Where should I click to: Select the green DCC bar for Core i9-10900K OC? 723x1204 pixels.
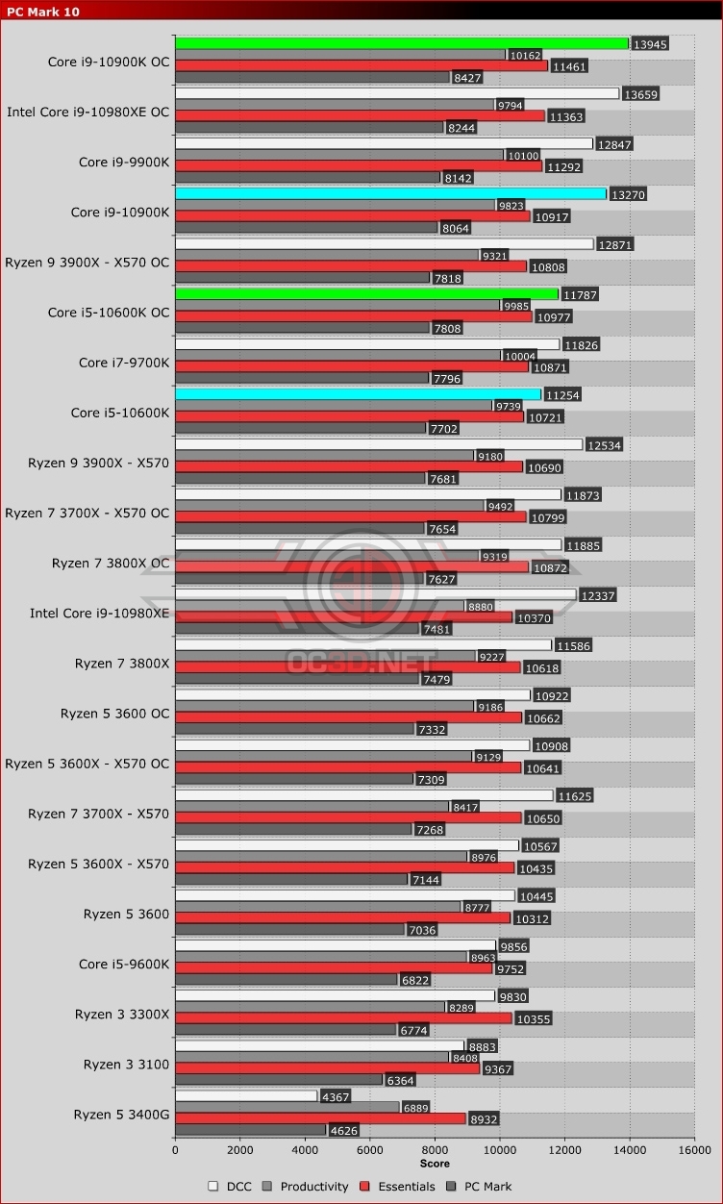[x=401, y=43]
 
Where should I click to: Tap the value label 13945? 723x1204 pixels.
[x=649, y=44]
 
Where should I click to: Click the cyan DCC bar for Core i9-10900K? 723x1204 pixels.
[x=390, y=193]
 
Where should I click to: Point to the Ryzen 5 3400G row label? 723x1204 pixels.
[x=121, y=1115]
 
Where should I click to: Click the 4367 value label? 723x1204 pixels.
[x=336, y=1096]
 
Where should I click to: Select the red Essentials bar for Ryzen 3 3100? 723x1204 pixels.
[x=327, y=1068]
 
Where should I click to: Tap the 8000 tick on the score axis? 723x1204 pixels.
[x=435, y=1149]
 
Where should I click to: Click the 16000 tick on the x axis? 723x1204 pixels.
[x=694, y=1149]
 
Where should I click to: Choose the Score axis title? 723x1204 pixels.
[x=435, y=1164]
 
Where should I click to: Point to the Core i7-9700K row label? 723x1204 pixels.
[x=124, y=363]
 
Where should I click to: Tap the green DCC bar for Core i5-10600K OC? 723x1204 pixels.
[x=366, y=293]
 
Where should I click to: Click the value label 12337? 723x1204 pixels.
[x=596, y=596]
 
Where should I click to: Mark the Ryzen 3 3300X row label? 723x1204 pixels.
[x=122, y=1015]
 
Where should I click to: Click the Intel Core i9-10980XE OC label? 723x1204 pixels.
[x=87, y=113]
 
